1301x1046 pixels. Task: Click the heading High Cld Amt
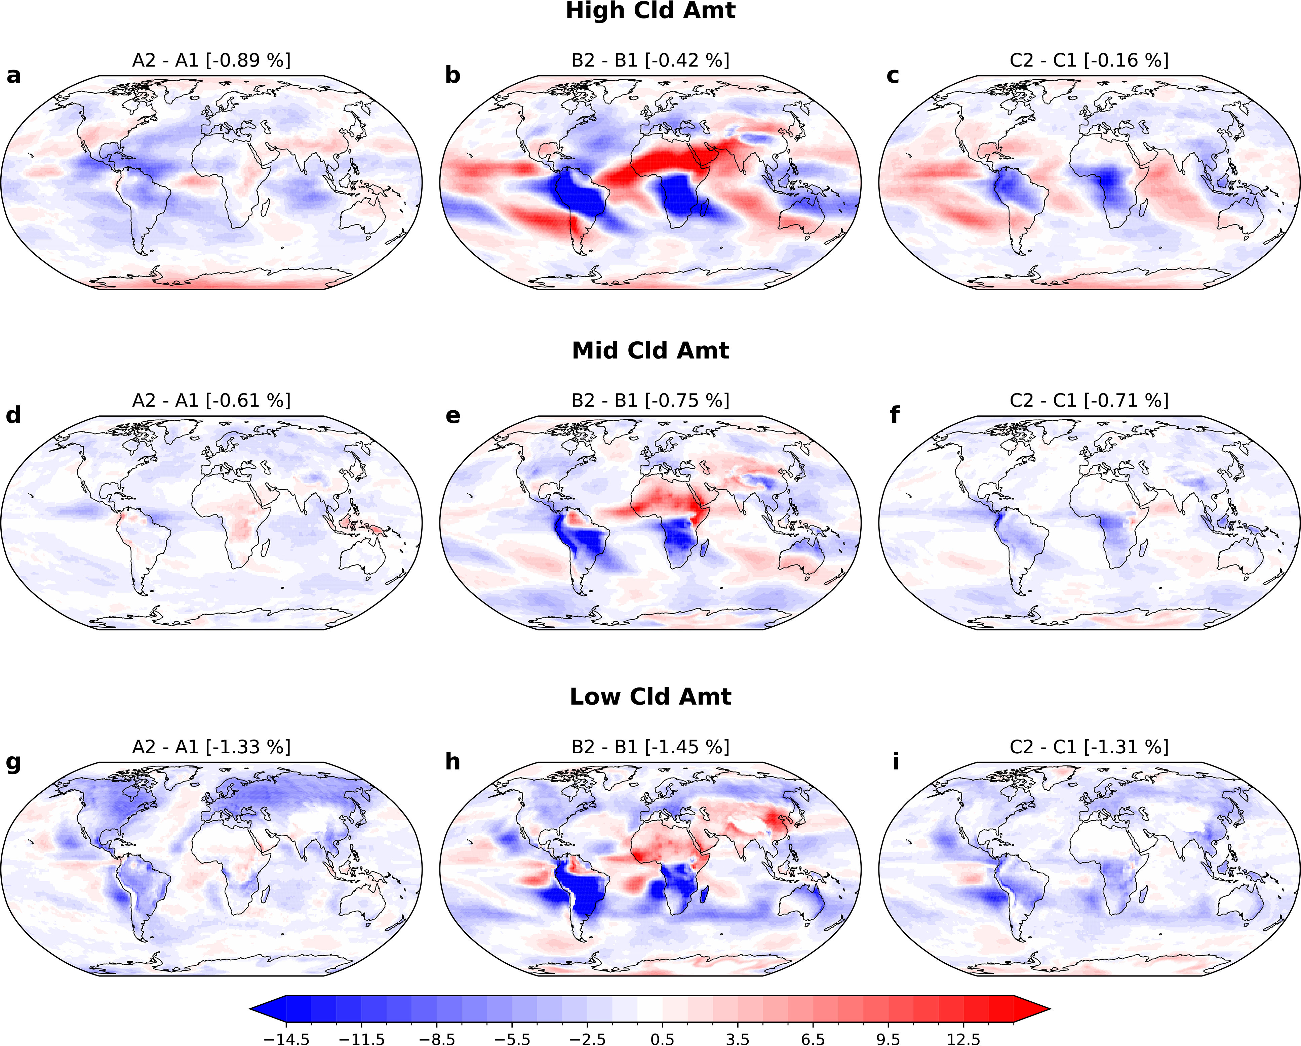tap(650, 11)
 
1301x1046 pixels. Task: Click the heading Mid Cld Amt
tap(650, 350)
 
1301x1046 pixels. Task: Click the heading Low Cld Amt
tap(650, 697)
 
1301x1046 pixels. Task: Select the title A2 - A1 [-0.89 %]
tap(211, 60)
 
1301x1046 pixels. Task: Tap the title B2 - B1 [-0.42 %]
tap(650, 60)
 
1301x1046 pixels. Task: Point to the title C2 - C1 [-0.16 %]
tap(1089, 60)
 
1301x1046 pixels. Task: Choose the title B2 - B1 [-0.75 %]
tap(650, 401)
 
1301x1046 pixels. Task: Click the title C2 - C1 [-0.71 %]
tap(1089, 401)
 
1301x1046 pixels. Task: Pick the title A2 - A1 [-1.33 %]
tap(211, 747)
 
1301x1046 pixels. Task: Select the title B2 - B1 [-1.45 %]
tap(650, 747)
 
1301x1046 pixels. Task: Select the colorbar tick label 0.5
tap(663, 1039)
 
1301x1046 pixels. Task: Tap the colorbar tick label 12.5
tap(964, 1039)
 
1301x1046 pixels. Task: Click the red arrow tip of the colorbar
tap(1034, 1008)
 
